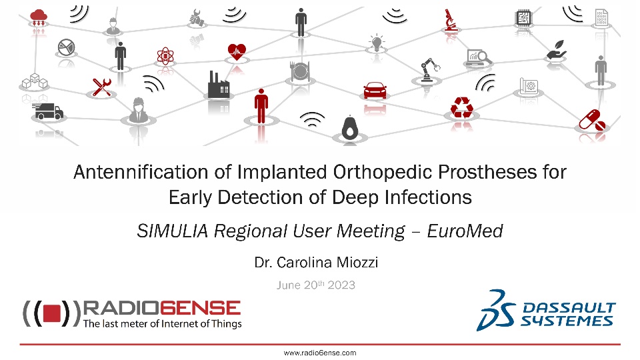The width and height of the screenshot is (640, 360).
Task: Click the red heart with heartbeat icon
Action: coord(237,51)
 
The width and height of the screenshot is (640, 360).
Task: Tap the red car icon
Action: coord(375,90)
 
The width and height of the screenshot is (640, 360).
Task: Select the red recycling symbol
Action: coord(461,107)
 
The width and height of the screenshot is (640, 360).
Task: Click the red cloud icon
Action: coord(39,18)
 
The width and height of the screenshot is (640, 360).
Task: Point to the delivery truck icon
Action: coord(48,111)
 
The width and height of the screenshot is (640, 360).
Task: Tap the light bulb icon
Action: coord(376,43)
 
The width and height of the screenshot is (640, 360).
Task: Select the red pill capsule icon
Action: coord(592,120)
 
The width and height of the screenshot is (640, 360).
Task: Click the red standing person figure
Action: coord(261,106)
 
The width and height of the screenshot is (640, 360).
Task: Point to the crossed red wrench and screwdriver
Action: coord(101,87)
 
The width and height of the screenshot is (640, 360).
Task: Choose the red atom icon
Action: coord(165,56)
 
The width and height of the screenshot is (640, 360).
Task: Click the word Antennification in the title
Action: coord(141,172)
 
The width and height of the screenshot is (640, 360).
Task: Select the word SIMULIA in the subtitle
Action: coord(173,231)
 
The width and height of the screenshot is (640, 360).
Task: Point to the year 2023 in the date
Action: coord(341,285)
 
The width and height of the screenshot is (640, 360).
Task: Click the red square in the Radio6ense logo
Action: coord(52,313)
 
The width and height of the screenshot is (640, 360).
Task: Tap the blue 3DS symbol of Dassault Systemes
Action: coord(496,310)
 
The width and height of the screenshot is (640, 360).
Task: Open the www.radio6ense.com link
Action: coord(320,353)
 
